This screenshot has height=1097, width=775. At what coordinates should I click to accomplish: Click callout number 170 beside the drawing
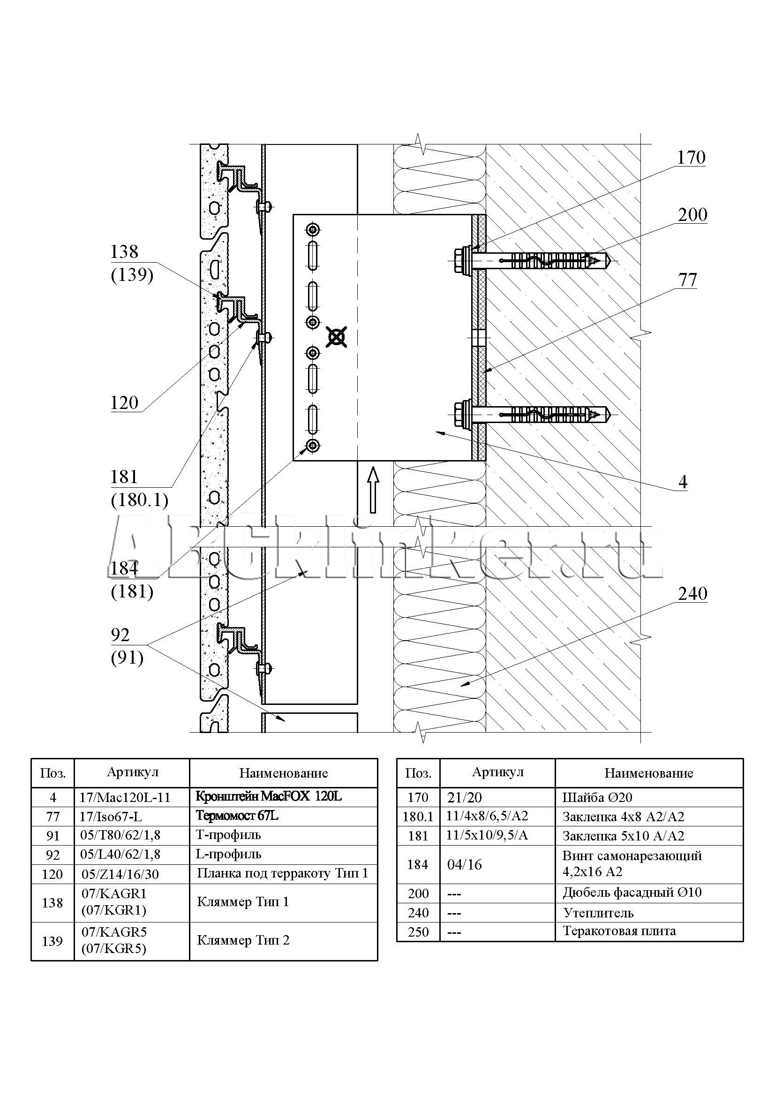tap(691, 158)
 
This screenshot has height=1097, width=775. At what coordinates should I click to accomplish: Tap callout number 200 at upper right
tap(692, 215)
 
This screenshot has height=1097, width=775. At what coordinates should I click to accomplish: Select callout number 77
tap(688, 280)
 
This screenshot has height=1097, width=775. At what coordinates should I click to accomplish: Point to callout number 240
tap(692, 594)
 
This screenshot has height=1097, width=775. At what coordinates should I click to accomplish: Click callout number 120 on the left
tap(124, 403)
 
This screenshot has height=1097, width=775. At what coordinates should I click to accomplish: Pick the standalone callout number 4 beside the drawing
tap(683, 482)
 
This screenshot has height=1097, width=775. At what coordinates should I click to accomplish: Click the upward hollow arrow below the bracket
tap(373, 490)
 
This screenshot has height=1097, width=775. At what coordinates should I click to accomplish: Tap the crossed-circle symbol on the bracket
tap(337, 337)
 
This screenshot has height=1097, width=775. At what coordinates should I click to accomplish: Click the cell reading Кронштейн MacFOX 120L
tap(269, 797)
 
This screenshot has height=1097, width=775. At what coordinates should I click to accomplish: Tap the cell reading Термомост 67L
tap(237, 816)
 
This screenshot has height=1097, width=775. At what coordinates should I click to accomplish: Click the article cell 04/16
tap(465, 864)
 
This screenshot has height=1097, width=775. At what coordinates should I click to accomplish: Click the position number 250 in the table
tap(418, 932)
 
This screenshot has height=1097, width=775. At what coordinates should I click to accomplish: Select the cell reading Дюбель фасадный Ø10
tap(632, 893)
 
